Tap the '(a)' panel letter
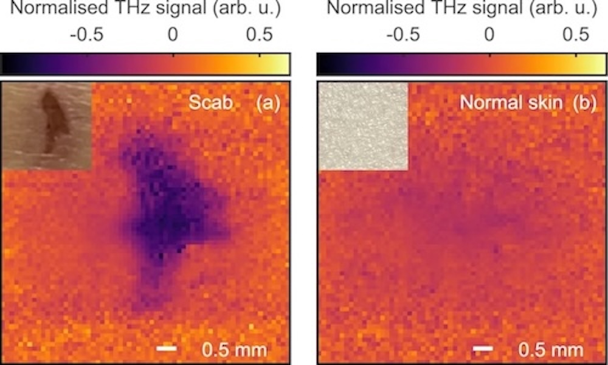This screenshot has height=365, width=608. pyautogui.click(x=267, y=103)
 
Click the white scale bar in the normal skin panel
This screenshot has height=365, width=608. pyautogui.click(x=483, y=349)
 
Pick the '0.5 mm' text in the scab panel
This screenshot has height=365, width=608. pyautogui.click(x=234, y=349)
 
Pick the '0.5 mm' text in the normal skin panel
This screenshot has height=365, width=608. pyautogui.click(x=551, y=349)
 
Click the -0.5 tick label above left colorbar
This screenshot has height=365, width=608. pyautogui.click(x=86, y=35)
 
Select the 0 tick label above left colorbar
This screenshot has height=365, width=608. pyautogui.click(x=173, y=35)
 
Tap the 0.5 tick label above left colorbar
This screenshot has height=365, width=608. pyautogui.click(x=260, y=35)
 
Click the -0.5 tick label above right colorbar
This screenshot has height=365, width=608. pyautogui.click(x=402, y=35)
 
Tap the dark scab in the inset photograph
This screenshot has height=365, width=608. pyautogui.click(x=52, y=119)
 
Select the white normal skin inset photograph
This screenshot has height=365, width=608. pyautogui.click(x=363, y=126)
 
